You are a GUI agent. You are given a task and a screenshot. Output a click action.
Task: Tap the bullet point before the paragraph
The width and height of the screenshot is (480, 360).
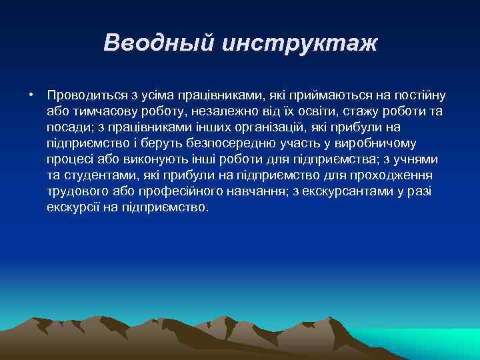pyautogui.click(x=31, y=95)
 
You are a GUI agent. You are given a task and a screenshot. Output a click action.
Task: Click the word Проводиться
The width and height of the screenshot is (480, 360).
pyautogui.click(x=85, y=95)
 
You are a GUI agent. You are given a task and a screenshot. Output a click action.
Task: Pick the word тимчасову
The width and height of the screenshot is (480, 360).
pyautogui.click(x=103, y=111)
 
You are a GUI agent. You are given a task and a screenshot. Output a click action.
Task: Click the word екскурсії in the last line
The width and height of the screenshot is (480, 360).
pyautogui.click(x=72, y=207)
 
